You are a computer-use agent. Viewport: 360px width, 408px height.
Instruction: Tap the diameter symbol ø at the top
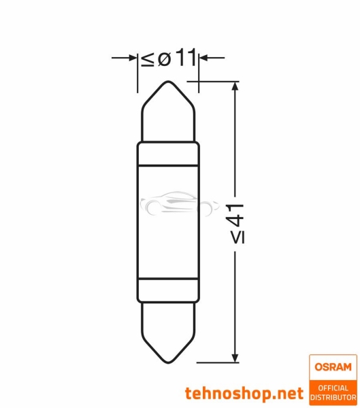tap(164, 59)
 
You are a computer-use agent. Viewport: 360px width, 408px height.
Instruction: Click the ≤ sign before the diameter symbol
tap(148, 59)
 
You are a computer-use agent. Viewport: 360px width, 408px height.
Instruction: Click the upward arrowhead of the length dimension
tap(235, 87)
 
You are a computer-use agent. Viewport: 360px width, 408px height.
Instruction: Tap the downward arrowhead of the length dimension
tap(235, 356)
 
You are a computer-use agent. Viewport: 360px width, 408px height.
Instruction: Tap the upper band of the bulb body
tap(169, 155)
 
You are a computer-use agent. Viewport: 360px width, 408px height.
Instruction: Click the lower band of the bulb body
tap(169, 289)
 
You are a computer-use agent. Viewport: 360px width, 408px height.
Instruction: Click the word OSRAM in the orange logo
tap(333, 368)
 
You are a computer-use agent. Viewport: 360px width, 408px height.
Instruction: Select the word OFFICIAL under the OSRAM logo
tap(333, 388)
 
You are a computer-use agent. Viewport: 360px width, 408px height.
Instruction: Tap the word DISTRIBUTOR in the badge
tap(333, 397)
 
